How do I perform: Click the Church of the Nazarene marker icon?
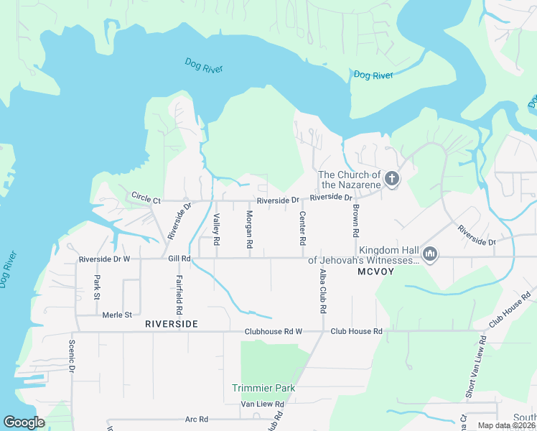pyautogui.click(x=391, y=179)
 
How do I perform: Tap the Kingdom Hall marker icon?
pyautogui.click(x=430, y=254)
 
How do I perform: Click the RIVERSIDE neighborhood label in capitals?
pyautogui.click(x=171, y=325)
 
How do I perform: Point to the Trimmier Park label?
pyautogui.click(x=263, y=388)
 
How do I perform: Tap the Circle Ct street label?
pyautogui.click(x=146, y=195)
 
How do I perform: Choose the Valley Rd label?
pyautogui.click(x=215, y=231)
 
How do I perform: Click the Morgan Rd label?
pyautogui.click(x=249, y=230)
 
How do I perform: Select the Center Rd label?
pyautogui.click(x=302, y=229)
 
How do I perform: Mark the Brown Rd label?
pyautogui.click(x=355, y=221)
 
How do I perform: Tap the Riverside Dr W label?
pyautogui.click(x=104, y=259)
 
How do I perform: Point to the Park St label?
pyautogui.click(x=96, y=287)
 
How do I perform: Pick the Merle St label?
pyautogui.click(x=118, y=315)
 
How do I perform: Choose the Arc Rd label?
pyautogui.click(x=196, y=419)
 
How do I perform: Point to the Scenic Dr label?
pyautogui.click(x=72, y=356)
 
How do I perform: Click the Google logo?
pyautogui.click(x=24, y=422)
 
